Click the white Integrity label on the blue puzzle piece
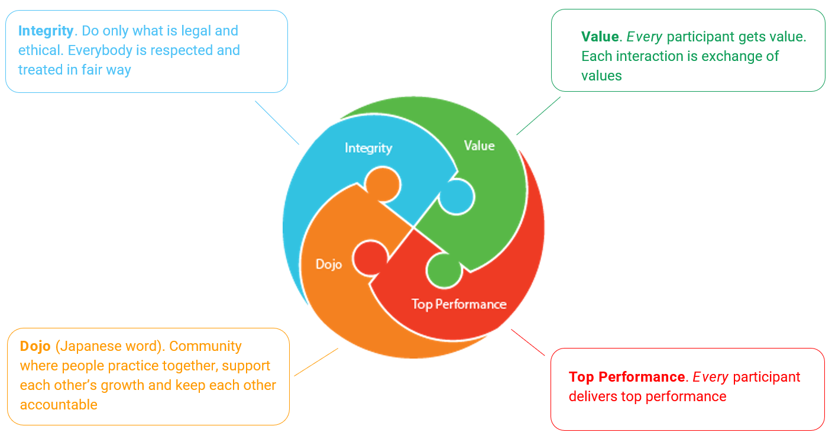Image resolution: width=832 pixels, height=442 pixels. pos(368,148)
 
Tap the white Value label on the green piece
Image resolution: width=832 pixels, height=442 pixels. pos(479,146)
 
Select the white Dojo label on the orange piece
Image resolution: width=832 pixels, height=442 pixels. pos(329,264)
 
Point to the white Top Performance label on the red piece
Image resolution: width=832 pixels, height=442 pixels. pos(459,304)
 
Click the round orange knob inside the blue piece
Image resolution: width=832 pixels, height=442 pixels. pos(382,183)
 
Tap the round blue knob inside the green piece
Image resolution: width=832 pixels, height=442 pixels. pos(457,197)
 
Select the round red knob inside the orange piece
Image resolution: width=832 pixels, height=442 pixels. pos(370,259)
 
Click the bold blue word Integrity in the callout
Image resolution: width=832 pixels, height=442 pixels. pos(46,31)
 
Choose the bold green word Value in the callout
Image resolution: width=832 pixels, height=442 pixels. pos(600,37)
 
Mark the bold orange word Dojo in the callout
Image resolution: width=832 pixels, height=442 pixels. pos(35,346)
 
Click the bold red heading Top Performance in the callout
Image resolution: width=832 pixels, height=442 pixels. pos(626,377)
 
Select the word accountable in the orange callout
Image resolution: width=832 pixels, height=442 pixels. pos(59,405)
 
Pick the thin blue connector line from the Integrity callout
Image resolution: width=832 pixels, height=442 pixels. pos(277,122)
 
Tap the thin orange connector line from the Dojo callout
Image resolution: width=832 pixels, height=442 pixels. pos(316,362)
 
